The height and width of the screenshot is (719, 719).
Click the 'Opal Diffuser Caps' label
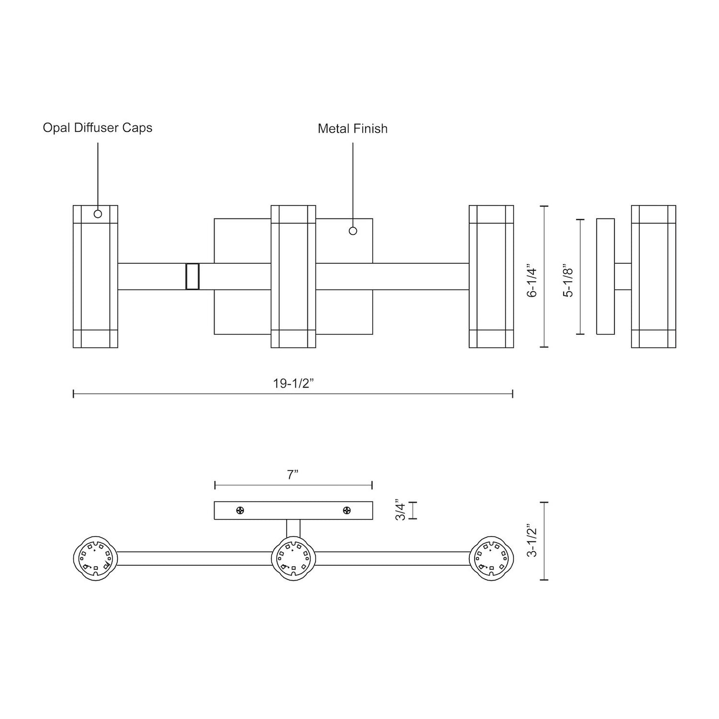click(x=98, y=128)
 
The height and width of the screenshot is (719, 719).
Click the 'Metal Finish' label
click(x=352, y=129)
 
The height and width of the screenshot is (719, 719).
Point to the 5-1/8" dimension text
click(x=568, y=282)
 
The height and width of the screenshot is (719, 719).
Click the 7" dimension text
click(x=293, y=475)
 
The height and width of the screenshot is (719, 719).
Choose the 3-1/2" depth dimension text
click(x=532, y=540)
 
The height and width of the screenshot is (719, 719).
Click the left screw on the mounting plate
click(x=240, y=510)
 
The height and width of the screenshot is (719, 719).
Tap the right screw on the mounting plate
click(x=347, y=510)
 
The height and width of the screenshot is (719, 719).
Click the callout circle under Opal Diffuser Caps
click(x=98, y=214)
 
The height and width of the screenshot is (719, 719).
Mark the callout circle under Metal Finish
click(x=353, y=231)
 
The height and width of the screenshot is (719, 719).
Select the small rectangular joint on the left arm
click(x=192, y=276)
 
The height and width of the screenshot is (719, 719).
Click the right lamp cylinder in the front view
click(x=492, y=276)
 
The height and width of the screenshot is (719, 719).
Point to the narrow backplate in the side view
click(x=605, y=276)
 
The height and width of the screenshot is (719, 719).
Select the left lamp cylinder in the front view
click(x=95, y=276)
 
